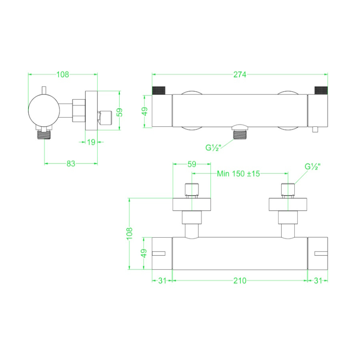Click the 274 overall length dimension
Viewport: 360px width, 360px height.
(x=240, y=75)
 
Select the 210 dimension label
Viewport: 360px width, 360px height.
(x=240, y=280)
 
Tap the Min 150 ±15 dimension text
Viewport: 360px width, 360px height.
(x=238, y=174)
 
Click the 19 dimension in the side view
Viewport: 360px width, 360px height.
(x=91, y=142)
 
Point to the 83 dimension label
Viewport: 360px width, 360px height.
(x=71, y=164)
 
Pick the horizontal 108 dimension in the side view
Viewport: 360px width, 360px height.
(x=63, y=74)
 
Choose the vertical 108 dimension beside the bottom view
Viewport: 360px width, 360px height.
(x=130, y=234)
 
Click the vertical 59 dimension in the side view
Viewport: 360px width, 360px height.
(x=120, y=112)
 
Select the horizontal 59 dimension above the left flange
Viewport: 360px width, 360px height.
(x=192, y=164)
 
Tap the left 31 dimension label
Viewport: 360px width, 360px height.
(x=162, y=280)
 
